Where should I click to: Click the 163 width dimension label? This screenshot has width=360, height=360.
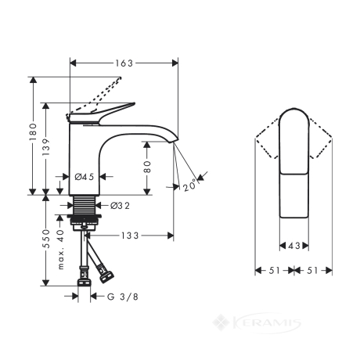(x=124, y=63)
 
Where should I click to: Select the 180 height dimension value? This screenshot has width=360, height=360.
(x=33, y=132)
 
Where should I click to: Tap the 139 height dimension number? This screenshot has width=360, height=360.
(x=46, y=147)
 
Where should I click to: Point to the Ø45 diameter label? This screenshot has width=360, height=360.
(x=85, y=177)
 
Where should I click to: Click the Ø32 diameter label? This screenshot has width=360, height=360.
(x=120, y=206)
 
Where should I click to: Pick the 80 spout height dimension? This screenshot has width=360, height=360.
(x=147, y=167)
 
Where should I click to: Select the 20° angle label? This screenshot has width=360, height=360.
(x=189, y=185)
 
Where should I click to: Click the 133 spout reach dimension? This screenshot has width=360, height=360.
(x=130, y=236)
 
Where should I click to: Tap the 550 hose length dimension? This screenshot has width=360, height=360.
(x=46, y=239)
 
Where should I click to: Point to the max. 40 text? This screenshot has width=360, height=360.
(x=60, y=250)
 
